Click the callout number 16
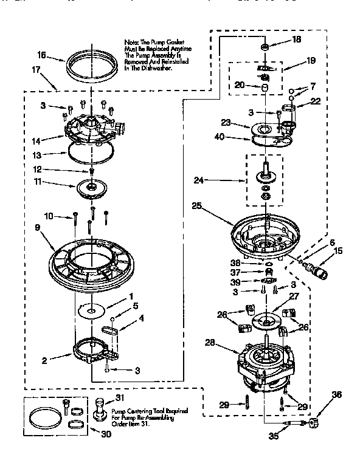[x=42, y=55]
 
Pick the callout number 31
[x=119, y=397]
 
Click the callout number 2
[x=44, y=359]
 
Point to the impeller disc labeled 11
[x=92, y=188]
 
